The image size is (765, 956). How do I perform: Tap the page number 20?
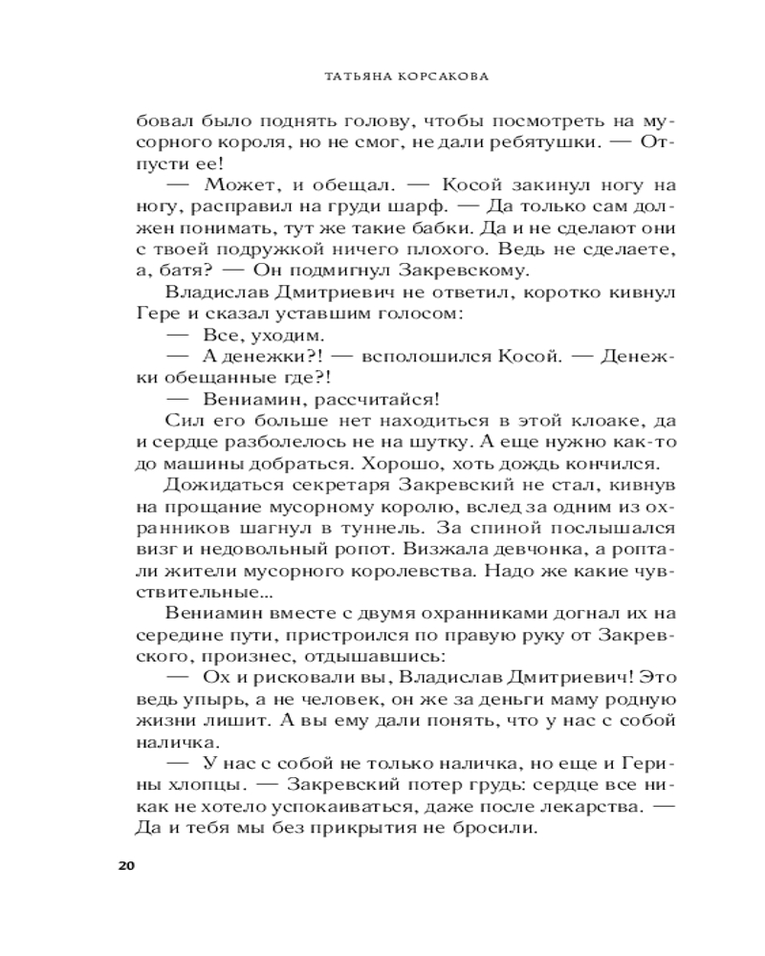click(x=125, y=866)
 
